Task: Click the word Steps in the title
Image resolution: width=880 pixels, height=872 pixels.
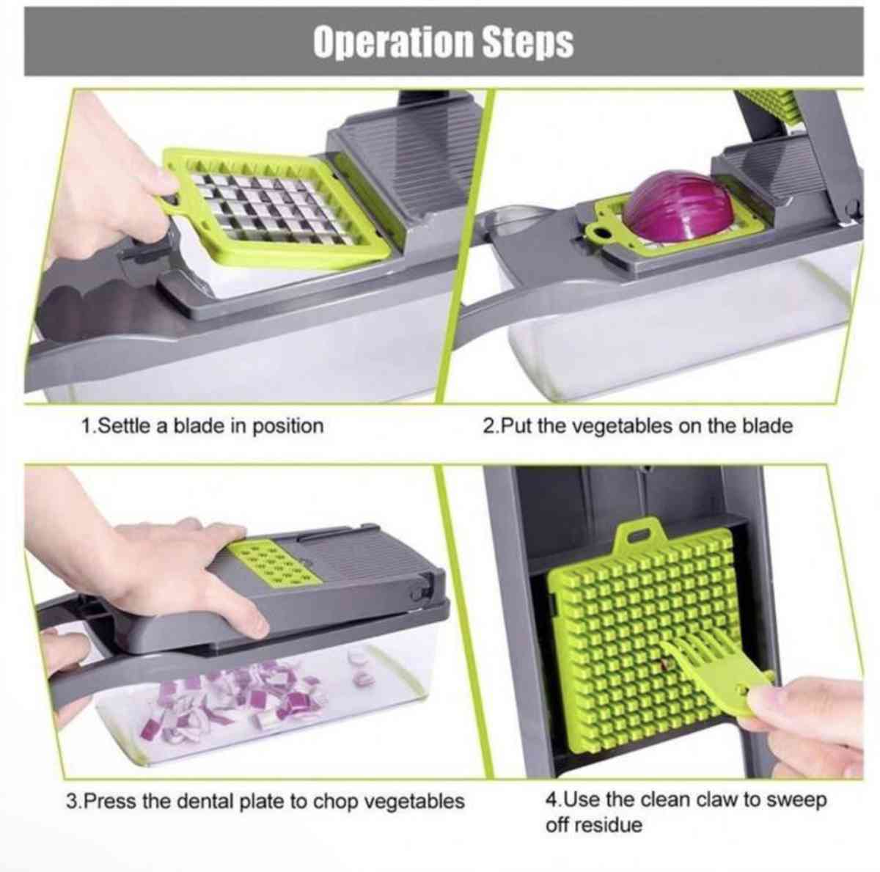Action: coord(528,43)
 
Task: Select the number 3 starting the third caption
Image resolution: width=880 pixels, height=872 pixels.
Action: coord(71,801)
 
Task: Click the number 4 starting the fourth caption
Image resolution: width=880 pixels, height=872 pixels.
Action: coord(551,799)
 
